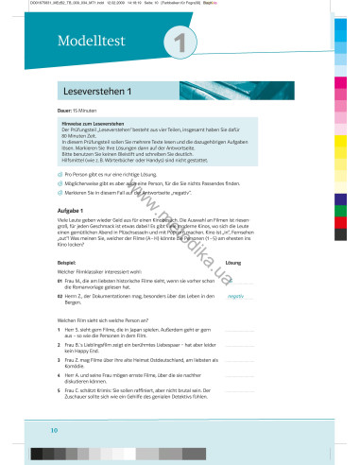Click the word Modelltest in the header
(x=83, y=43)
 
